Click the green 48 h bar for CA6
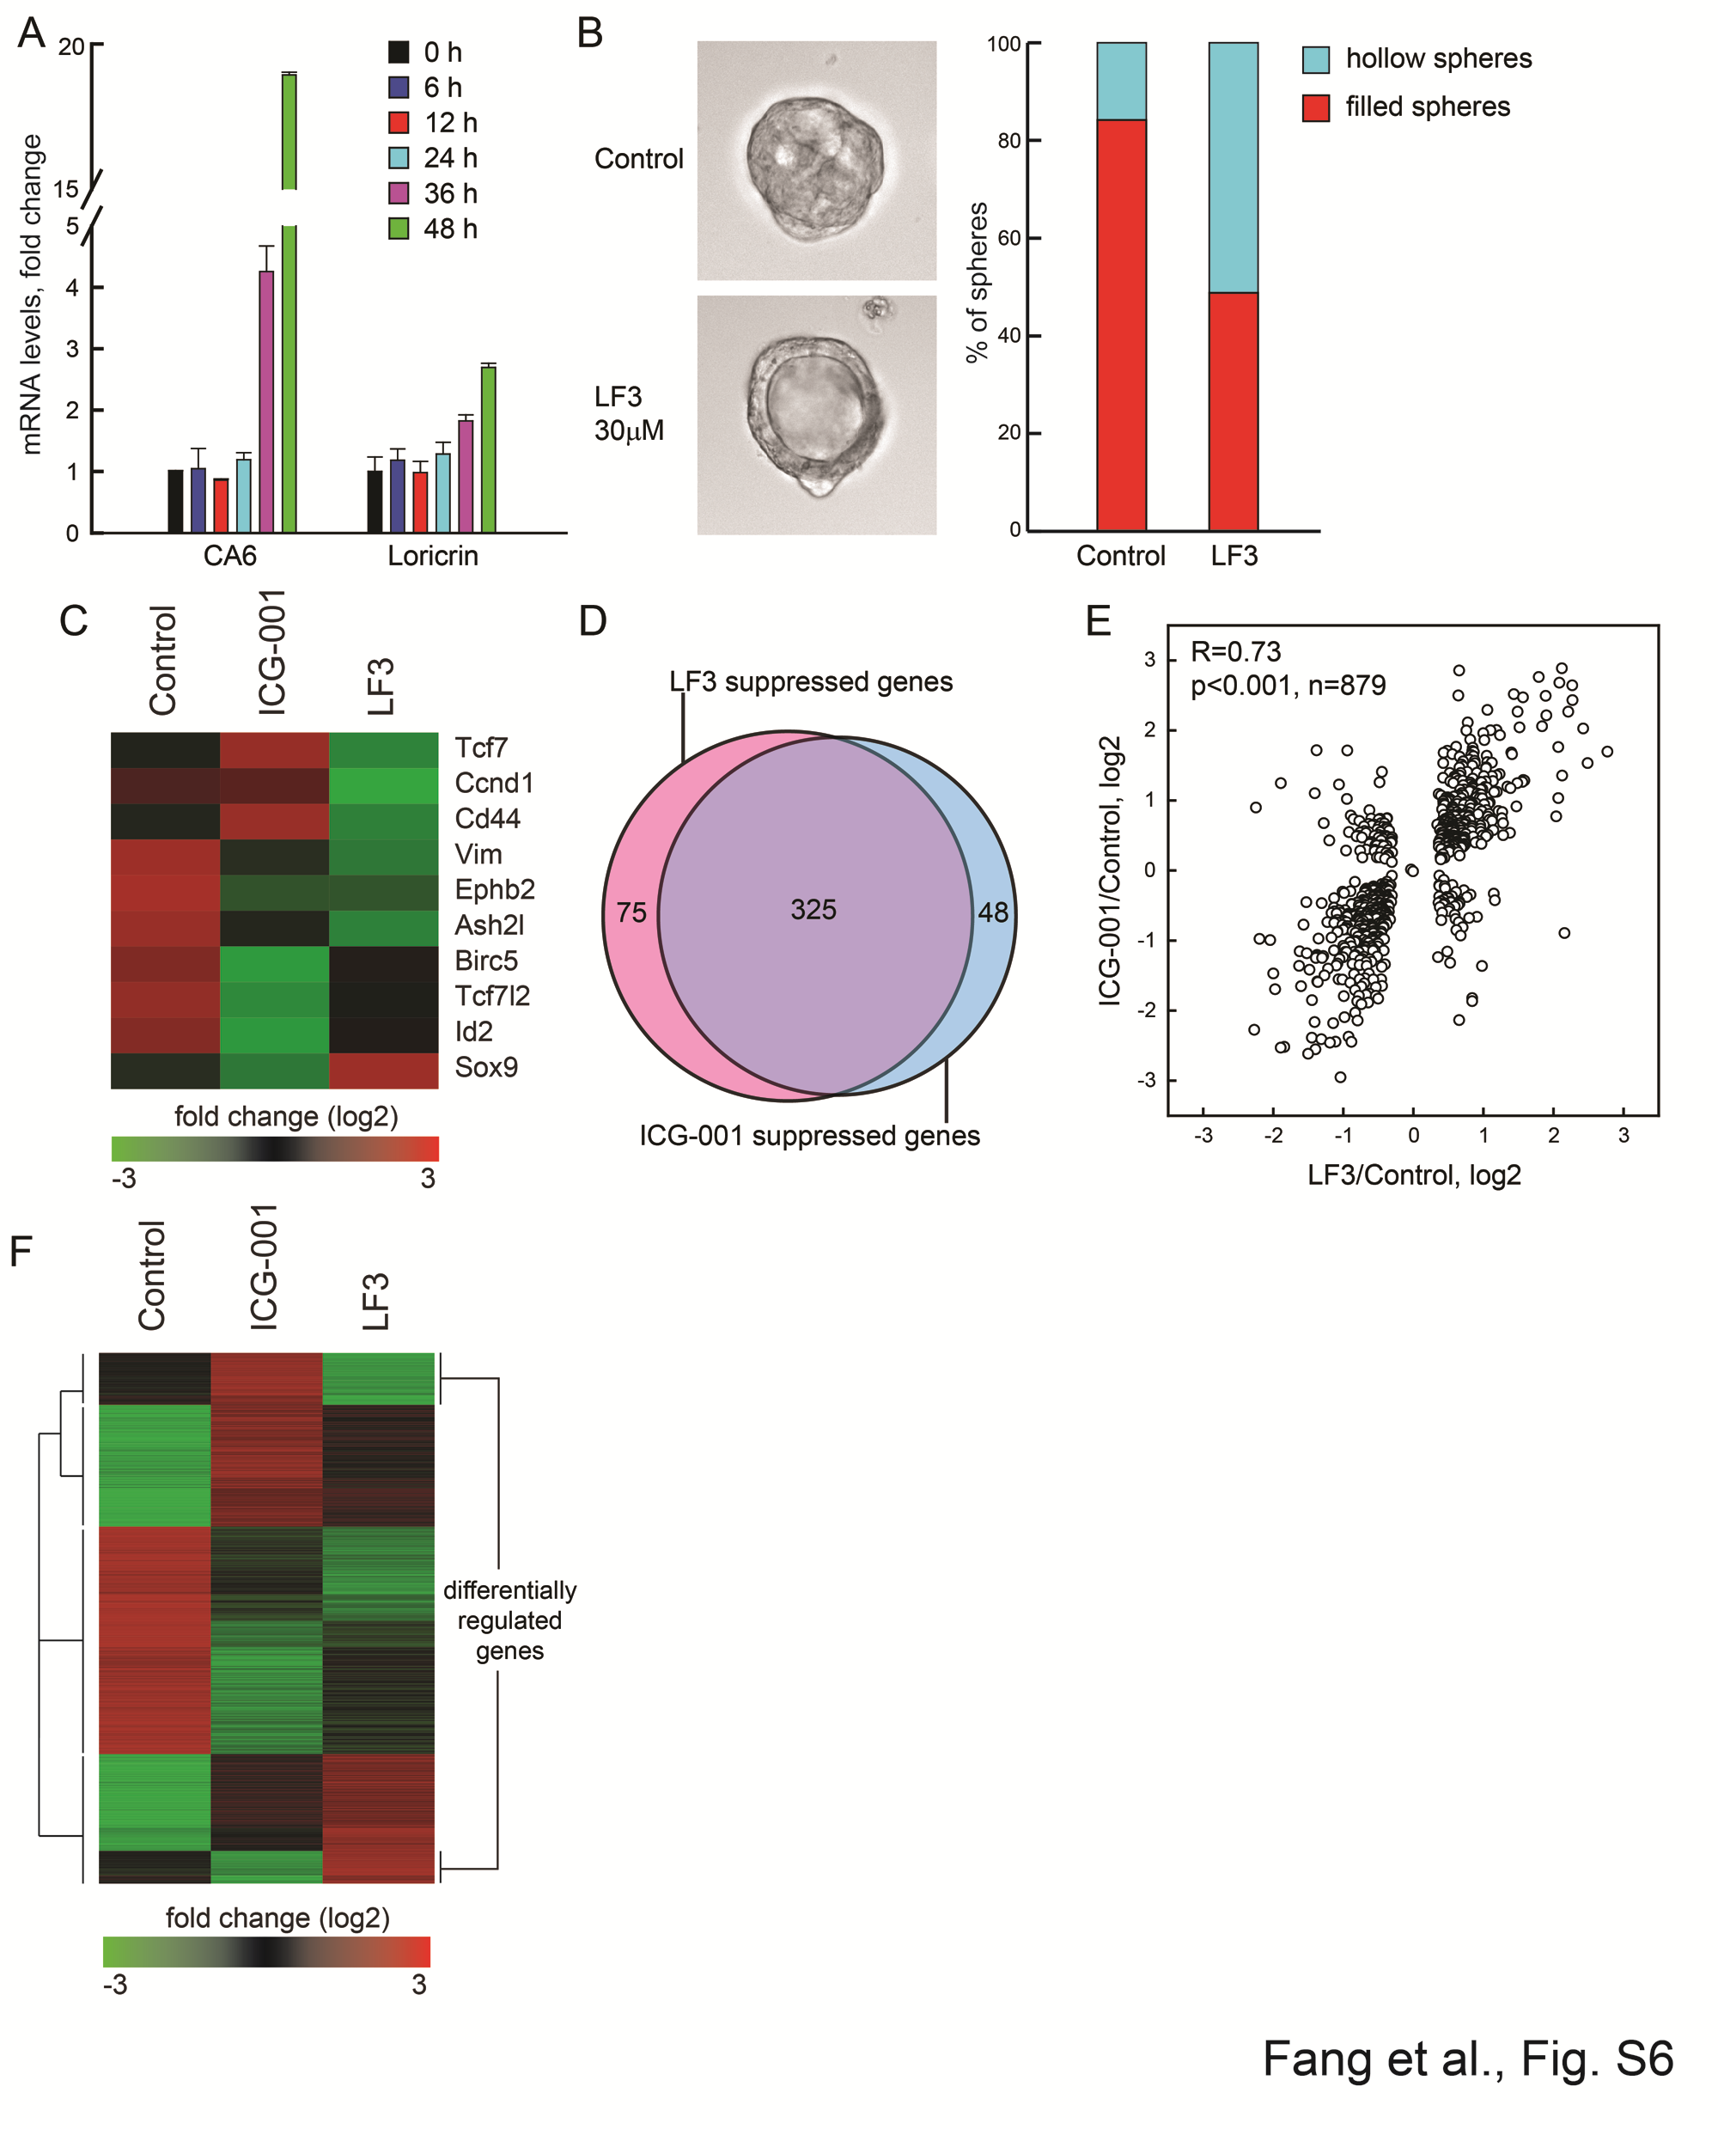pyautogui.click(x=289, y=376)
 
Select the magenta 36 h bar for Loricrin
pyautogui.click(x=465, y=476)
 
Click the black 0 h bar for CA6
pyautogui.click(x=175, y=501)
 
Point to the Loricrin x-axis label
pyautogui.click(x=432, y=556)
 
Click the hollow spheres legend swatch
pyautogui.click(x=1315, y=59)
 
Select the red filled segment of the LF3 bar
pyautogui.click(x=1233, y=411)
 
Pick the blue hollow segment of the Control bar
pyautogui.click(x=1121, y=81)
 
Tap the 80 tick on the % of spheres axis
pyautogui.click(x=1008, y=141)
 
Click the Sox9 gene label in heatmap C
pyautogui.click(x=486, y=1067)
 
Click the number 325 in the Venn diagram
pyautogui.click(x=813, y=910)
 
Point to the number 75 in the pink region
pyautogui.click(x=631, y=912)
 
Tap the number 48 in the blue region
pyautogui.click(x=993, y=912)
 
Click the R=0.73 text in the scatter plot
pyautogui.click(x=1235, y=651)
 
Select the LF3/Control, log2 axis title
pyautogui.click(x=1413, y=1174)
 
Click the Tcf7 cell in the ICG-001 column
pyautogui.click(x=274, y=749)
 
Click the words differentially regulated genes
pyautogui.click(x=509, y=1620)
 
